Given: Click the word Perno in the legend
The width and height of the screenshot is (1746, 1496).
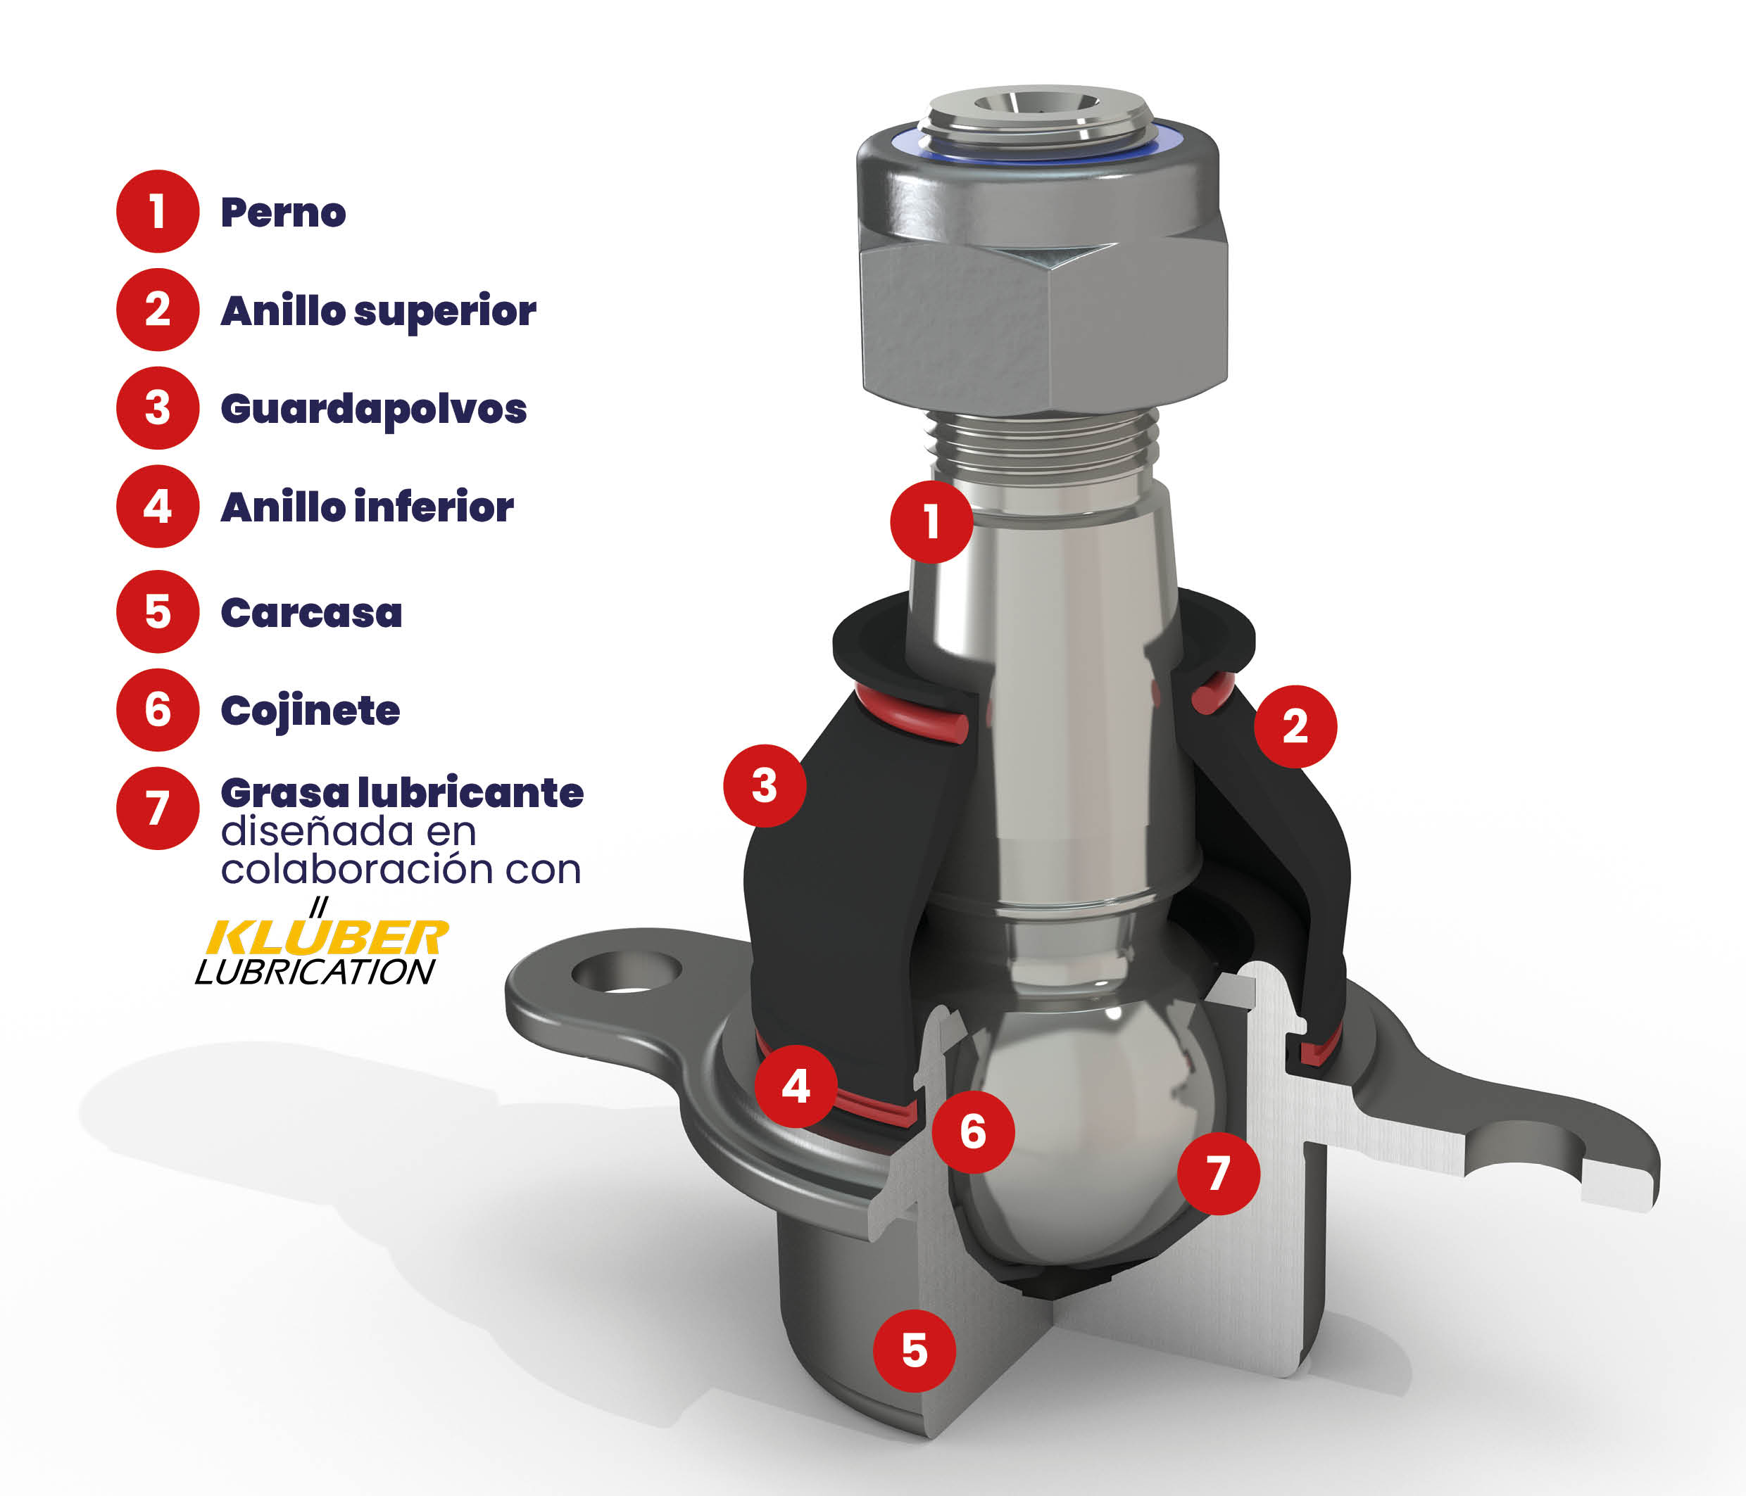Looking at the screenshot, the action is pos(283,213).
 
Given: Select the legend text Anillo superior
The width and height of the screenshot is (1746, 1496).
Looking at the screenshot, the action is pos(378,311).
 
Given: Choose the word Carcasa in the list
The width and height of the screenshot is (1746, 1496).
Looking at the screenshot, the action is pos(312,613).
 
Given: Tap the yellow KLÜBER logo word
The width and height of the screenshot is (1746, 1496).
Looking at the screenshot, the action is pos(327,937).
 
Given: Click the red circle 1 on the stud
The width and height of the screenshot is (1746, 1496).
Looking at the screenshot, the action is pos(931,521).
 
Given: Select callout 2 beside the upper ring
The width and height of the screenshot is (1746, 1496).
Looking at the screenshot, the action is pos(1295,726).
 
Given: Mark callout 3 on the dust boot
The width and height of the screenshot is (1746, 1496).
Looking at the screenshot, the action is pos(765,785).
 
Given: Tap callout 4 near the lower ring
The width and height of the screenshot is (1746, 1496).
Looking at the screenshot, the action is pos(796,1086).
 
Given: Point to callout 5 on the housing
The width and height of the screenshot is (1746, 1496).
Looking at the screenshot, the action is pos(915,1350).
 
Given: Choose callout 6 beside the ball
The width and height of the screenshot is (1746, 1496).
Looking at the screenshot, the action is pos(973,1131).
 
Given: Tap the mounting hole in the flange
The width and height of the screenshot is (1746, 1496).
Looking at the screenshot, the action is pos(626,972).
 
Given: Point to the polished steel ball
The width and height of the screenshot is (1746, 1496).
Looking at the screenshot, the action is pos(1087,1137).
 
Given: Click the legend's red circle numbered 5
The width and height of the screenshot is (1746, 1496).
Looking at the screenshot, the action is pos(158,611).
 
